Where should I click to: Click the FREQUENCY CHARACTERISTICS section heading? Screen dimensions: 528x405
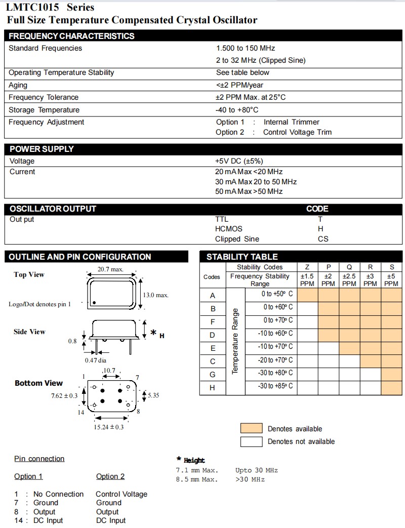click(x=71, y=36)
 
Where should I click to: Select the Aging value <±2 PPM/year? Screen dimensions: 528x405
click(x=239, y=85)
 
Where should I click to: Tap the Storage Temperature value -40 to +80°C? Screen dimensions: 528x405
click(x=237, y=110)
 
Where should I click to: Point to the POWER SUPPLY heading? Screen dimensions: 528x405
click(x=42, y=149)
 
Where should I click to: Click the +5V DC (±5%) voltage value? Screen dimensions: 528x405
click(x=239, y=161)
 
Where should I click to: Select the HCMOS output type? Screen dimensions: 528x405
click(x=229, y=229)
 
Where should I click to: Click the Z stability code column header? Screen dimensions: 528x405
click(x=307, y=267)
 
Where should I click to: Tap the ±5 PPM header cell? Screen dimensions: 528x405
click(x=391, y=280)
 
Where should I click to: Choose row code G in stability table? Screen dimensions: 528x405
click(x=213, y=375)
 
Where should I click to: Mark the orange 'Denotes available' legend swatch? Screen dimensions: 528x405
click(x=251, y=428)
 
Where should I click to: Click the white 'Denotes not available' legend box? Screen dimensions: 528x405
click(x=251, y=441)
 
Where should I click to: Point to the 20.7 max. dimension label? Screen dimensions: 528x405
click(x=110, y=269)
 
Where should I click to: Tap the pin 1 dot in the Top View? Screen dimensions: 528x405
click(x=94, y=303)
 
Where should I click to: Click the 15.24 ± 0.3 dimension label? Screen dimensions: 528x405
click(x=108, y=427)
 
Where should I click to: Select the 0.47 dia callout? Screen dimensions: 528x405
click(x=96, y=360)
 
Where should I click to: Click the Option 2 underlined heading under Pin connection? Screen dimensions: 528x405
click(x=110, y=476)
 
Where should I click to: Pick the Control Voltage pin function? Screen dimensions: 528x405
click(x=121, y=494)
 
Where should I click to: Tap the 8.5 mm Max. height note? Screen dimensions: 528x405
click(x=197, y=479)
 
